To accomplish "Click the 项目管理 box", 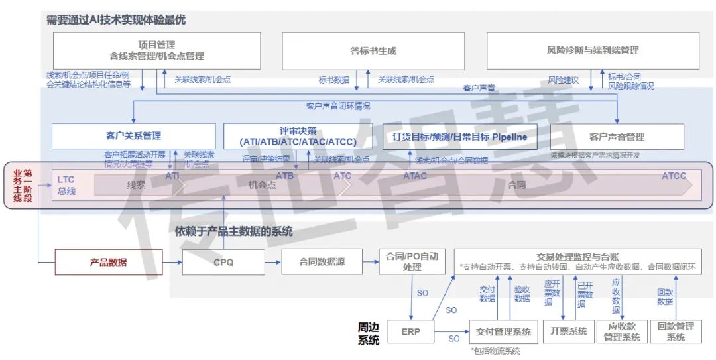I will [x=156, y=50].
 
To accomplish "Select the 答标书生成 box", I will [x=373, y=50].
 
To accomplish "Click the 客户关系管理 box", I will [x=133, y=136].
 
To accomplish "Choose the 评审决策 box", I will [x=298, y=136].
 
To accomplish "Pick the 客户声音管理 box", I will [x=617, y=137].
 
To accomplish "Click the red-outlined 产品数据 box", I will [x=108, y=262].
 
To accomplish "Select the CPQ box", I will [x=223, y=262].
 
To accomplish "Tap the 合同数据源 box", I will [x=322, y=262].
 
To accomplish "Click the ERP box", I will [x=411, y=331].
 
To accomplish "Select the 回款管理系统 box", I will [x=676, y=331].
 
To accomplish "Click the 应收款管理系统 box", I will [x=621, y=331].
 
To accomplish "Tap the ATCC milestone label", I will [x=674, y=176].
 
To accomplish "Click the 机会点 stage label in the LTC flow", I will [x=262, y=186].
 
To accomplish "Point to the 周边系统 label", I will [x=369, y=333].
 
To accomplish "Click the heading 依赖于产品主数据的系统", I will [x=233, y=231].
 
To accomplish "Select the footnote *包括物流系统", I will [x=495, y=351].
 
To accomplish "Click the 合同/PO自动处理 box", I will [x=412, y=262].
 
